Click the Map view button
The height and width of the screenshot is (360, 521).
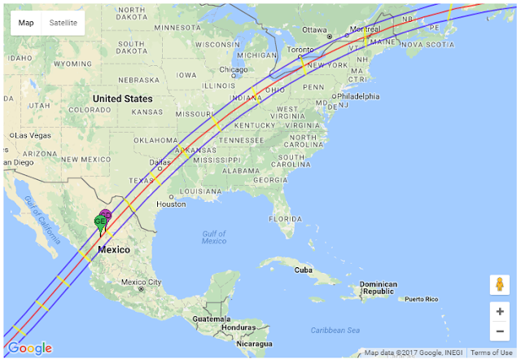27,23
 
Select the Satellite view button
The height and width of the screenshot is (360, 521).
63,23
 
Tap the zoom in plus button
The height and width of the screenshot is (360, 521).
499,311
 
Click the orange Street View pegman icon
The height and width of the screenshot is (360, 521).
499,285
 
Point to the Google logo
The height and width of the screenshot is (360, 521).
30,349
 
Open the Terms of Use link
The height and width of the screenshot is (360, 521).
491,353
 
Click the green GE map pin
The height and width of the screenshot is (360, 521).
100,222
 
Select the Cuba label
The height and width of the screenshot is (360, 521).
304,270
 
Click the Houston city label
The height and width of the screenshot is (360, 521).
172,204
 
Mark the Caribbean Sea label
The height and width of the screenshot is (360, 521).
335,330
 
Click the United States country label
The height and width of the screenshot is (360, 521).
122,99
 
